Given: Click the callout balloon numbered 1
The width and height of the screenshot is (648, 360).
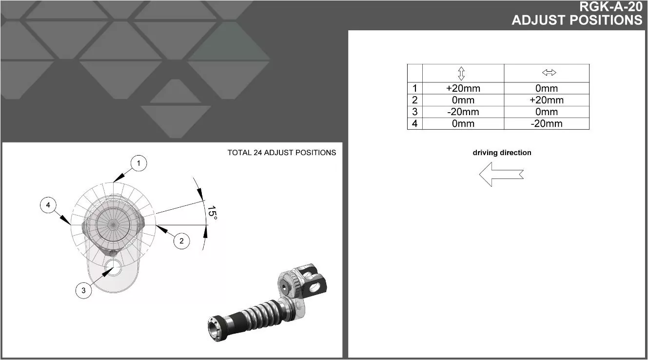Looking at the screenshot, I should pos(138,163).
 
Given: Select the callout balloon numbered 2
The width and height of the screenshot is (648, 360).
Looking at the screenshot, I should pos(181,240).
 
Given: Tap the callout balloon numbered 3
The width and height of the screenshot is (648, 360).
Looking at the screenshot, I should pos(83,291).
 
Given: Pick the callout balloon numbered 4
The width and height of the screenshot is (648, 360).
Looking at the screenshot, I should pos(48,205).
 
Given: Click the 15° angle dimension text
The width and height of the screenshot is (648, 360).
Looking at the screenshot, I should pos(212,213).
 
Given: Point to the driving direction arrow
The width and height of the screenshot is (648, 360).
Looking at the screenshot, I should pos(501,174).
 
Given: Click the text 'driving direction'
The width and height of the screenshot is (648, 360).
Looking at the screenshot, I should pos(502,153).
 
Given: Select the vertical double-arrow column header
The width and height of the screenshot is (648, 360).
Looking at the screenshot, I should pos(461,73).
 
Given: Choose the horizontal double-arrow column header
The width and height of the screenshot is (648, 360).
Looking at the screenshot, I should pos(549,73).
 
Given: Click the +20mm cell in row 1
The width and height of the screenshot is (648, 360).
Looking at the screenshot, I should pos(463,88).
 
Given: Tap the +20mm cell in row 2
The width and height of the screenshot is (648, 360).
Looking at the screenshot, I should pos(546,100).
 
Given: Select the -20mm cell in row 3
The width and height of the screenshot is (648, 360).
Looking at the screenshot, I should pos(463,112).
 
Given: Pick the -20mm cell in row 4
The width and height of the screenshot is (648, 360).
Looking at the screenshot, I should pos(546,123).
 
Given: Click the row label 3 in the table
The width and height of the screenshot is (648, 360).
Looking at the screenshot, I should pos(414,112).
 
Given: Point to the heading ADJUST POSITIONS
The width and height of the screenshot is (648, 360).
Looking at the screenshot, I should pos(577,20).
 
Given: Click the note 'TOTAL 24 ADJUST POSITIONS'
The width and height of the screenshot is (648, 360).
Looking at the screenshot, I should pos(281,153).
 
